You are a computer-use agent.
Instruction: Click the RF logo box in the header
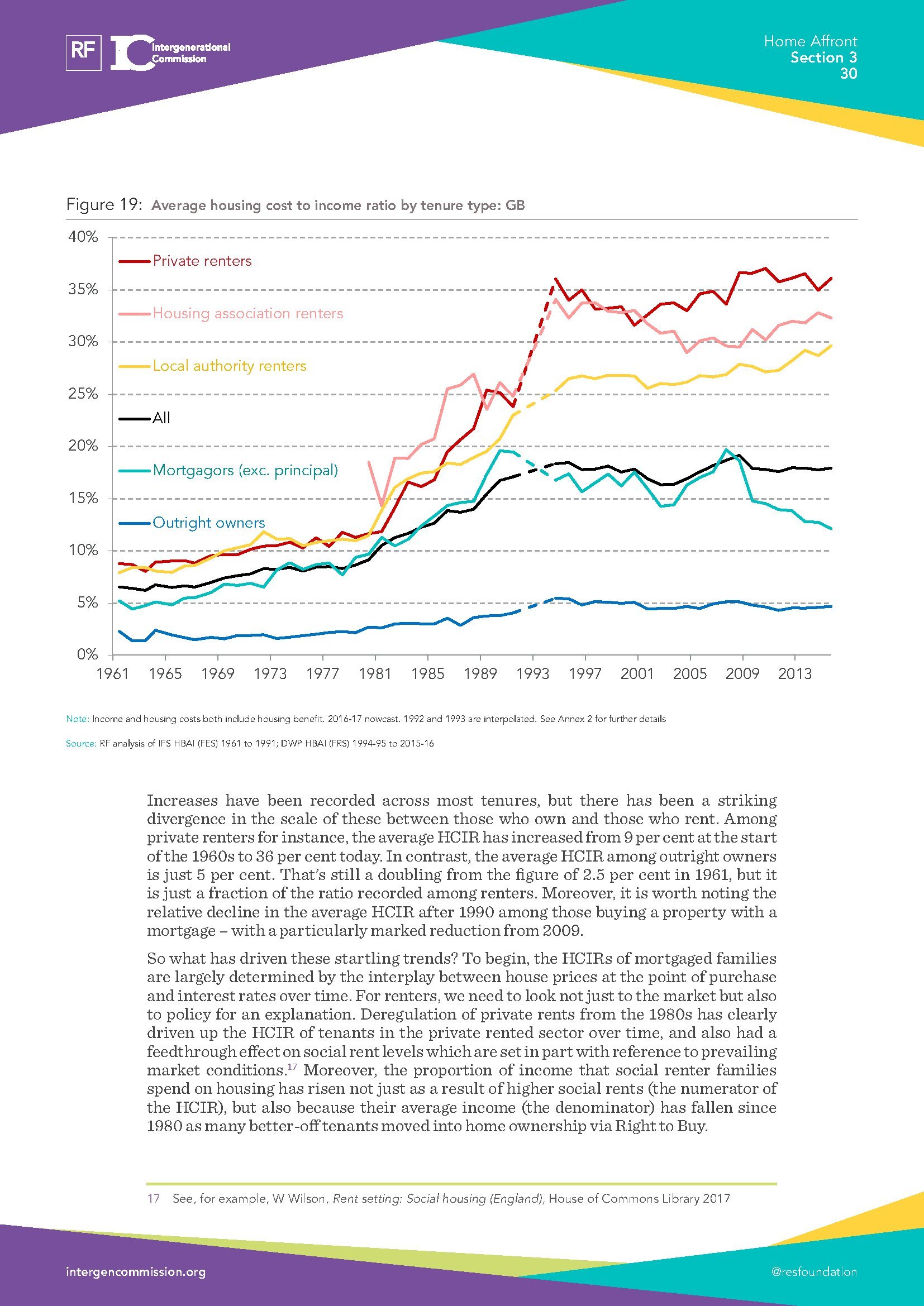84,52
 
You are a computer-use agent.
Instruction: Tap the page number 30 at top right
848,74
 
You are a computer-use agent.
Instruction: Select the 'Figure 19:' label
103,205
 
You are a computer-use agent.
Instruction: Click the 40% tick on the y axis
83,237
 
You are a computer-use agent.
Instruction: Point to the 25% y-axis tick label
83,394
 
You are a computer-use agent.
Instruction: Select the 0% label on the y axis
87,655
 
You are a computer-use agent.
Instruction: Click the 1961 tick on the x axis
113,674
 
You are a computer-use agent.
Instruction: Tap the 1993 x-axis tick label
532,674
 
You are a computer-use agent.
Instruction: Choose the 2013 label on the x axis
795,674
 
